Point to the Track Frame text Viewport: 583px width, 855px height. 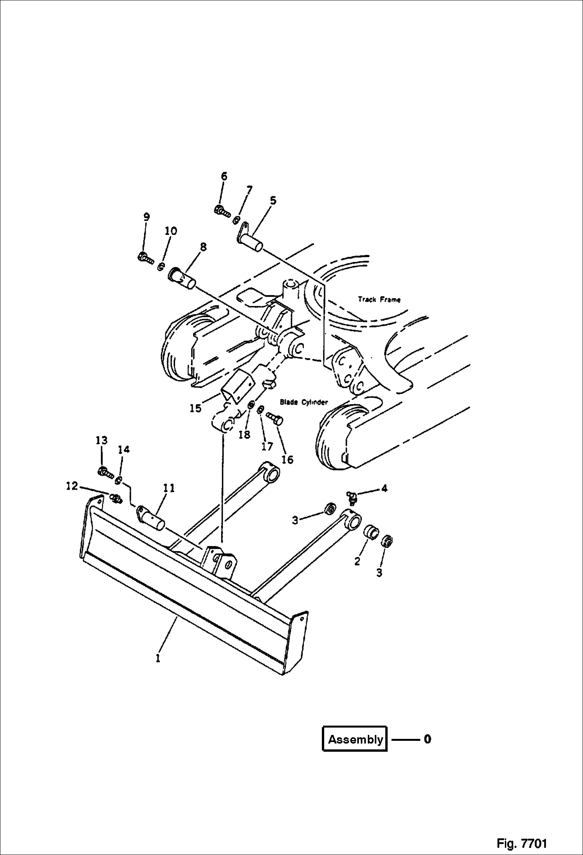click(379, 299)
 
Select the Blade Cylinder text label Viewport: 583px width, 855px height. click(304, 402)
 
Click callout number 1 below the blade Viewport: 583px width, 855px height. click(158, 658)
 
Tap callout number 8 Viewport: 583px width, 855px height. click(203, 247)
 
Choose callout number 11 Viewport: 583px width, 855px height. click(169, 488)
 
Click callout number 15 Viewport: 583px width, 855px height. click(195, 408)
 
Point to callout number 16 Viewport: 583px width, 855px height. click(287, 459)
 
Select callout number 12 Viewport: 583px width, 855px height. click(72, 486)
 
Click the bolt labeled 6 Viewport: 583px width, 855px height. click(222, 211)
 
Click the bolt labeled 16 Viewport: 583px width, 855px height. click(275, 419)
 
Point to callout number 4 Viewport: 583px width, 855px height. click(384, 488)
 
